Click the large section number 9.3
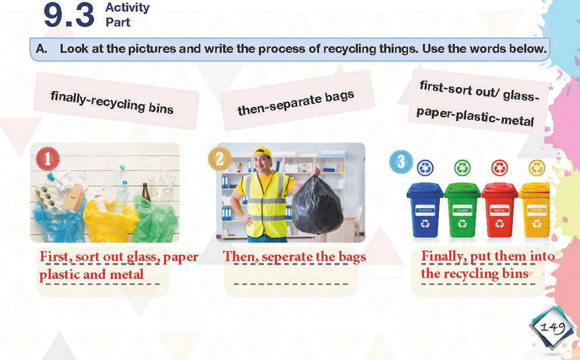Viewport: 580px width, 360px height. tap(69, 15)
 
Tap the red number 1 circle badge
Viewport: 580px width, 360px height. tap(48, 159)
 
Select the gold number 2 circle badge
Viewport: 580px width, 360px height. tap(220, 159)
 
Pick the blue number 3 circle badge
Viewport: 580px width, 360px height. tap(401, 162)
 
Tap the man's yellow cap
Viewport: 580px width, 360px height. tap(263, 152)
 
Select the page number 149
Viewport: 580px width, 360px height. tap(553, 327)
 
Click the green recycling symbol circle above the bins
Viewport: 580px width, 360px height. tap(463, 168)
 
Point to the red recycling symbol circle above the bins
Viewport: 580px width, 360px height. tap(500, 168)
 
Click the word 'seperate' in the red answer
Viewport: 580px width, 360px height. tap(287, 257)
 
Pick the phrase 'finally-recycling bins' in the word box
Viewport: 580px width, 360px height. tap(112, 102)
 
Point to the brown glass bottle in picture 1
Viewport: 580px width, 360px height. tap(146, 192)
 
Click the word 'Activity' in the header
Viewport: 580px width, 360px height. tap(127, 8)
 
